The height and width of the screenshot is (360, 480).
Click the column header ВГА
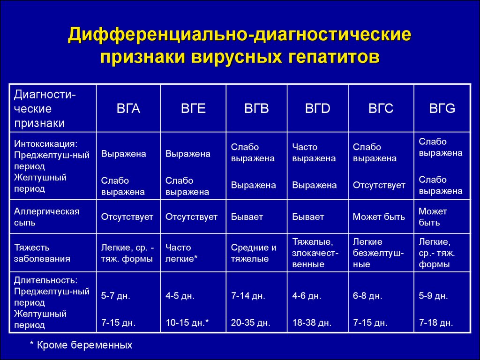click(128, 108)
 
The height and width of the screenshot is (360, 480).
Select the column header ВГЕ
click(193, 108)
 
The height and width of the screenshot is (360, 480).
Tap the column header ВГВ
click(256, 108)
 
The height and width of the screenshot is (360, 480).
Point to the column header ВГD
click(317, 108)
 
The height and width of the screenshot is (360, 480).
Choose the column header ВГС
click(381, 108)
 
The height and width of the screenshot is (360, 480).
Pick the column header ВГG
click(442, 108)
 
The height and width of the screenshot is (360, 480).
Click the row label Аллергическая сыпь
click(46, 217)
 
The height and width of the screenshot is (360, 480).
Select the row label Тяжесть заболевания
click(42, 253)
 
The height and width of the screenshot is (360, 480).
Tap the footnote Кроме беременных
click(84, 345)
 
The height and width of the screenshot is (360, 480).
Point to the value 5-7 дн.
click(115, 296)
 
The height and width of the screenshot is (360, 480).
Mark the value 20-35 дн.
click(250, 322)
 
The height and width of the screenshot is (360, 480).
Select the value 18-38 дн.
click(312, 322)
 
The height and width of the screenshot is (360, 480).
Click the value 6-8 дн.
click(367, 296)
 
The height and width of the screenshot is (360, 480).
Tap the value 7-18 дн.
click(436, 322)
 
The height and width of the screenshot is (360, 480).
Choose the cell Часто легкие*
click(181, 253)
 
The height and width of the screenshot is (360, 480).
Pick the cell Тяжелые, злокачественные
click(315, 253)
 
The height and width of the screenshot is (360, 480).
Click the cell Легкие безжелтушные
click(378, 253)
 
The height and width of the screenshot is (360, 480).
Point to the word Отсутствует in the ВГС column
click(379, 185)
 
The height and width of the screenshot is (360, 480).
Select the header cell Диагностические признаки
click(45, 109)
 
